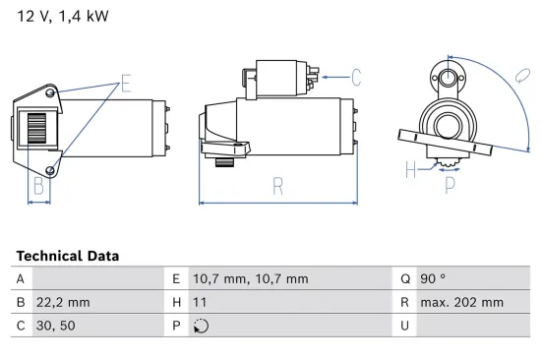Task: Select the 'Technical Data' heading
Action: tap(67, 256)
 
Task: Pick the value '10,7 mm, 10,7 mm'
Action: tap(235, 279)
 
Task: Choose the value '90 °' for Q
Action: tap(435, 279)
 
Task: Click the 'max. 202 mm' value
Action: tap(461, 303)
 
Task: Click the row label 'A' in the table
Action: tap(21, 279)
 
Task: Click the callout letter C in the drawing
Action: tap(356, 75)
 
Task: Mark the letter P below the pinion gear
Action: tap(450, 183)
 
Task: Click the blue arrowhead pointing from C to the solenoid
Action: tap(325, 75)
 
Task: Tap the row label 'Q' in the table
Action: tap(403, 279)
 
